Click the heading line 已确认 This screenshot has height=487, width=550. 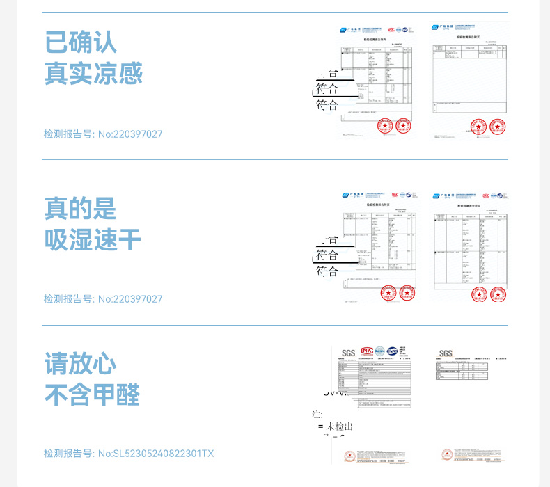(81, 42)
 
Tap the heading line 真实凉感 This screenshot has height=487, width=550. (93, 74)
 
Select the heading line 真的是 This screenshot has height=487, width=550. (81, 208)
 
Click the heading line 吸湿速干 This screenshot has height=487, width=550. (93, 240)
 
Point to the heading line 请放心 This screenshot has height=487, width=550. (81, 363)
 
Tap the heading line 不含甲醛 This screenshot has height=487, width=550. (93, 395)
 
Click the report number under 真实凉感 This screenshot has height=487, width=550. (103, 134)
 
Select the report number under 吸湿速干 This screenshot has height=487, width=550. (103, 298)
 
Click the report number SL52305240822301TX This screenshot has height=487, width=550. (129, 454)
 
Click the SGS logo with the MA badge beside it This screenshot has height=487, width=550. (348, 353)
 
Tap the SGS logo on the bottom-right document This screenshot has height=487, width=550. (446, 353)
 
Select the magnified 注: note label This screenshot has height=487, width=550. (317, 415)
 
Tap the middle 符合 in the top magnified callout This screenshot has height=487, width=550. (327, 89)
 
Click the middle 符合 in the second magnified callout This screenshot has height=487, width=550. (327, 255)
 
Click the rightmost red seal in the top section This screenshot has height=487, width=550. (497, 127)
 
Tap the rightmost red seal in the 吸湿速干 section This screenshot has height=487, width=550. (497, 294)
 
